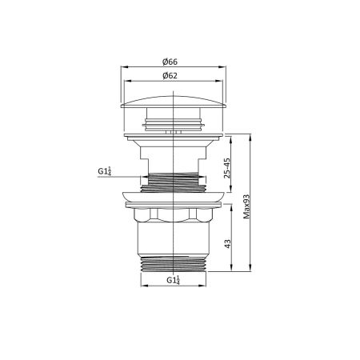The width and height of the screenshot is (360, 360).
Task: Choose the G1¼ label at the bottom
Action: pos(172,280)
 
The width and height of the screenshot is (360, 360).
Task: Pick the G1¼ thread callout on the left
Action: pos(104,171)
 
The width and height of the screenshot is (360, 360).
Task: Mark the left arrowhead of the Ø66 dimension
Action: pos(123,69)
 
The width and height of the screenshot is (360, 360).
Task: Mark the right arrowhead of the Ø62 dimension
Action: pos(218,82)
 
